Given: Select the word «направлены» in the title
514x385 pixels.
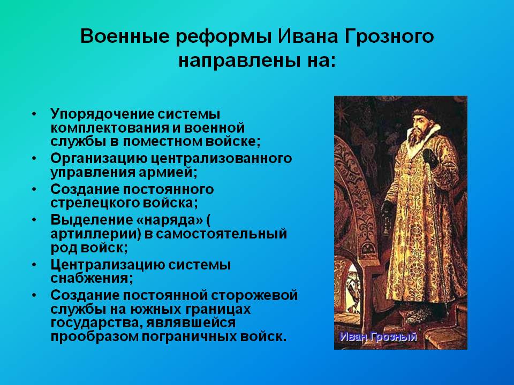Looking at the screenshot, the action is [x=236, y=61].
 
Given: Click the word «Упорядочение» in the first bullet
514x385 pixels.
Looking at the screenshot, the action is [x=102, y=114].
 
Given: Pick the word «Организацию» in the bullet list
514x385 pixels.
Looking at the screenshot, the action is [x=99, y=159].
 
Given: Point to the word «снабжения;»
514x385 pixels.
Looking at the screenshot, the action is [x=92, y=278].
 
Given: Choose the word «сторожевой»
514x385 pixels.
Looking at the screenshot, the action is [x=254, y=296].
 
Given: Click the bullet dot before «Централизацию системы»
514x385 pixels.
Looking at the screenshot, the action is [x=34, y=265].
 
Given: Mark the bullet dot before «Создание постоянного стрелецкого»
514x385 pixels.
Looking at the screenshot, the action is [x=34, y=189].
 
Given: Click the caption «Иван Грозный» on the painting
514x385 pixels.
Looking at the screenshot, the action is [x=379, y=337].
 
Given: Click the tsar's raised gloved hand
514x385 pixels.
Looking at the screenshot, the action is [x=430, y=158].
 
